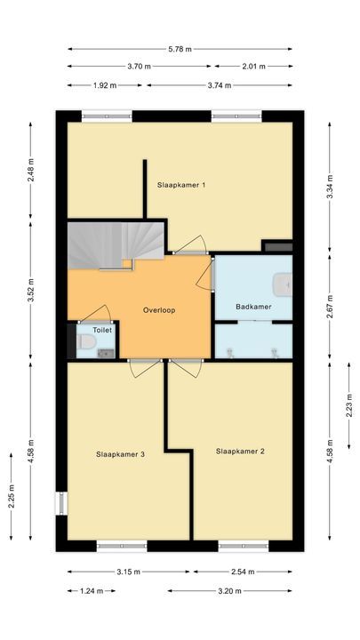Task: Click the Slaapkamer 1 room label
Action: (x=181, y=185)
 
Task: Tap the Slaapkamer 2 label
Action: (x=240, y=451)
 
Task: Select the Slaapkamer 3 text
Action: (x=120, y=453)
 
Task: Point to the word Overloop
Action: (x=158, y=310)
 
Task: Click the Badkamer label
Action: (x=252, y=307)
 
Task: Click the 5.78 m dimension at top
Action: (x=181, y=48)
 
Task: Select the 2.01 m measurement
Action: (x=252, y=66)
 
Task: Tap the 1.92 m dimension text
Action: (x=105, y=85)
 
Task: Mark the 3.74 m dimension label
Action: (x=219, y=85)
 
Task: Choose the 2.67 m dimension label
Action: (x=331, y=298)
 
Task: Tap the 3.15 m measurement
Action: (x=130, y=572)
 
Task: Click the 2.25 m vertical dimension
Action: (x=12, y=493)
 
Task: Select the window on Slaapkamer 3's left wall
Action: (x=61, y=502)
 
